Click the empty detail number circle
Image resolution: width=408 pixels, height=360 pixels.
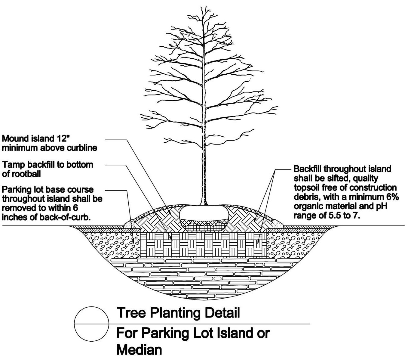tap(91, 324)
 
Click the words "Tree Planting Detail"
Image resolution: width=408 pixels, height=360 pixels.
tap(178, 313)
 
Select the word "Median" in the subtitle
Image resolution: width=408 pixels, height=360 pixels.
tap(139, 350)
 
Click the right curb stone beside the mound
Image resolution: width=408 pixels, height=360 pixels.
tap(278, 224)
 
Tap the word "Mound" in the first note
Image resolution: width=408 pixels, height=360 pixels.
tap(15, 138)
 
